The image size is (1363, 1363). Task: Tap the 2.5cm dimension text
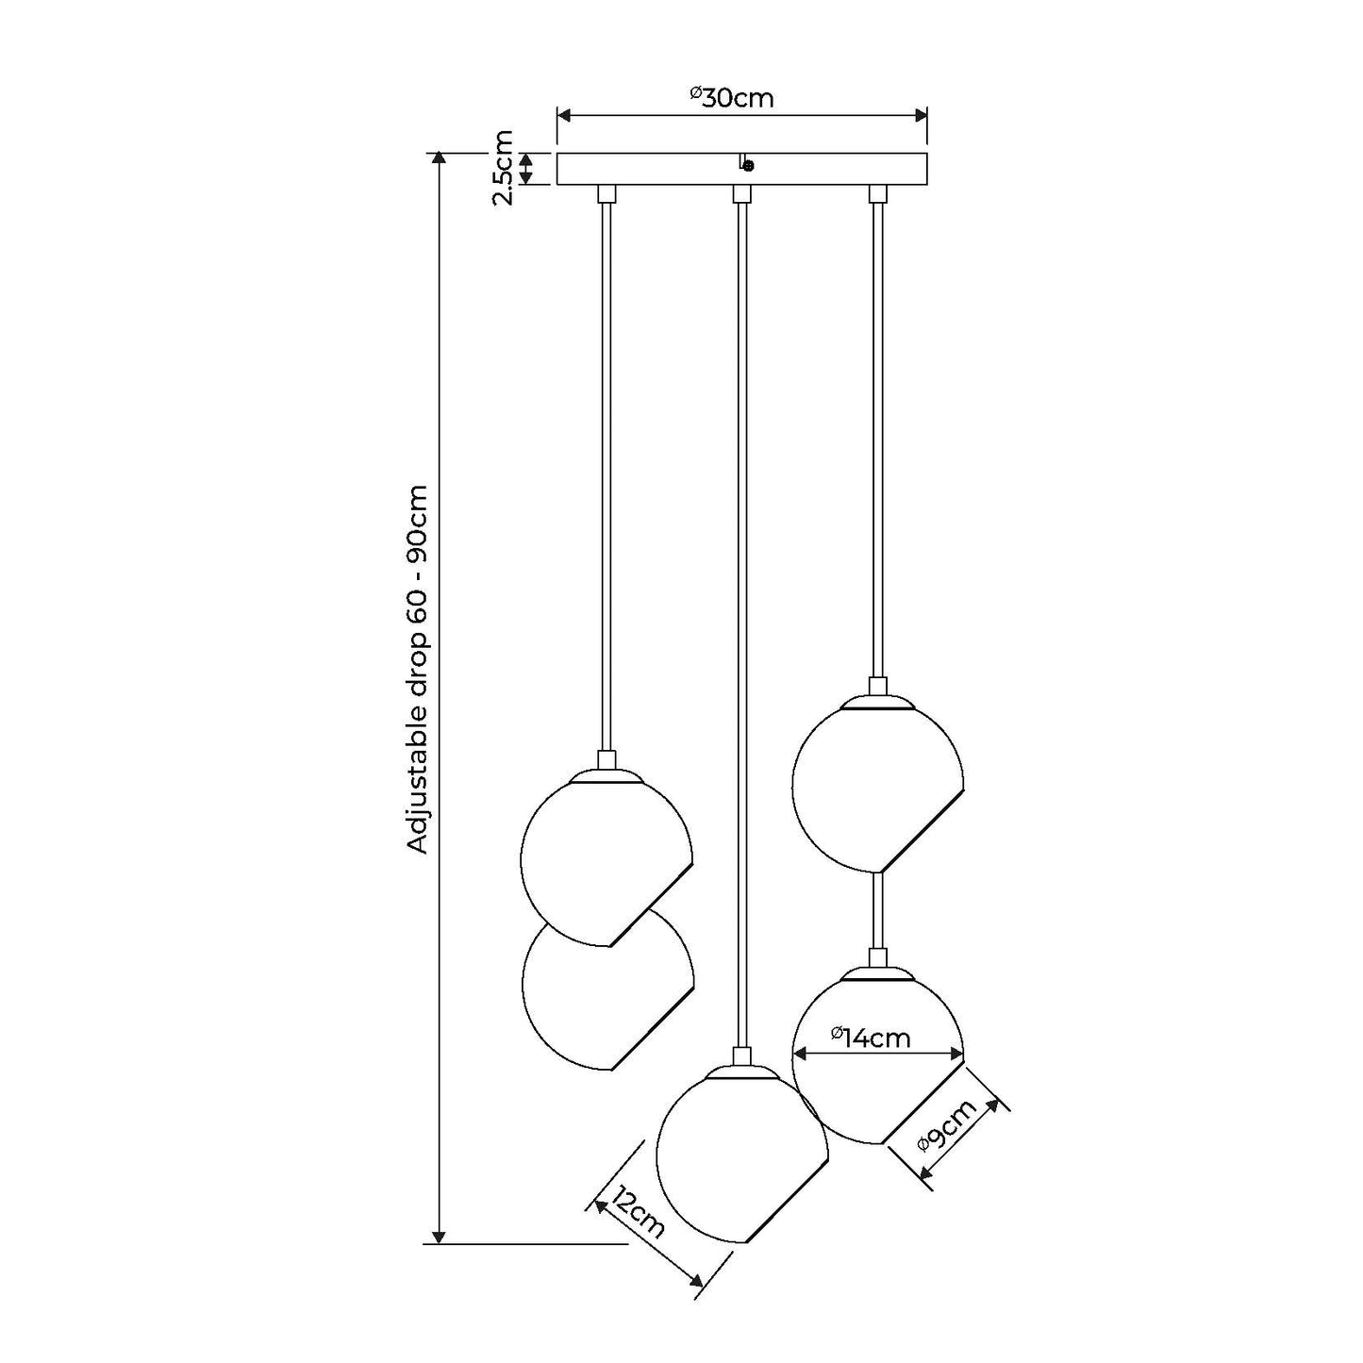point(503,168)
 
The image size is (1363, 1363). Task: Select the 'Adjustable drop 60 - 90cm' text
point(418,670)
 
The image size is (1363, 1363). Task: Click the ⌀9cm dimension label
point(948,1127)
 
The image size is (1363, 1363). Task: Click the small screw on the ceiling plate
point(748,166)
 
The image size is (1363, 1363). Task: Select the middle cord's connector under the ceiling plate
point(742,194)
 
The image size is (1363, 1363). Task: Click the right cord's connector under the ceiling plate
point(878,194)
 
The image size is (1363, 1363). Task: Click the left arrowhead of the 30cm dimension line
point(564,115)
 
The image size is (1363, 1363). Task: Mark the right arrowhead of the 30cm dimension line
point(922,115)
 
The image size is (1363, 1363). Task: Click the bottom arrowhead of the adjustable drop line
point(438,1236)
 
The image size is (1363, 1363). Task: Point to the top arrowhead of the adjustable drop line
point(438,158)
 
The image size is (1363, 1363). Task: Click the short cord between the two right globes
point(878,910)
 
